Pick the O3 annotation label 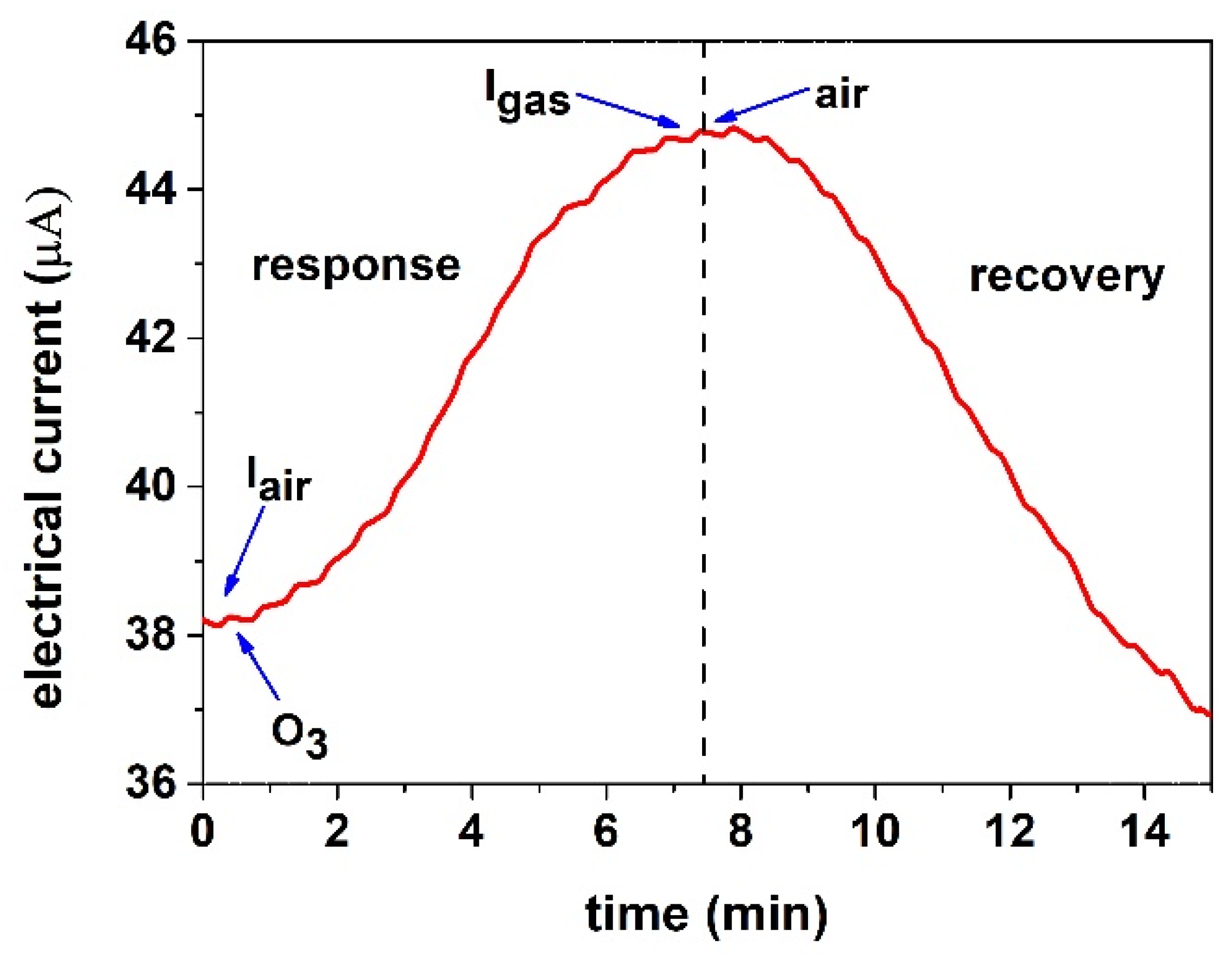click(x=299, y=735)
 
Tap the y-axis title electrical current click(x=48, y=451)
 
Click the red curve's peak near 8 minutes click(x=733, y=129)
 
